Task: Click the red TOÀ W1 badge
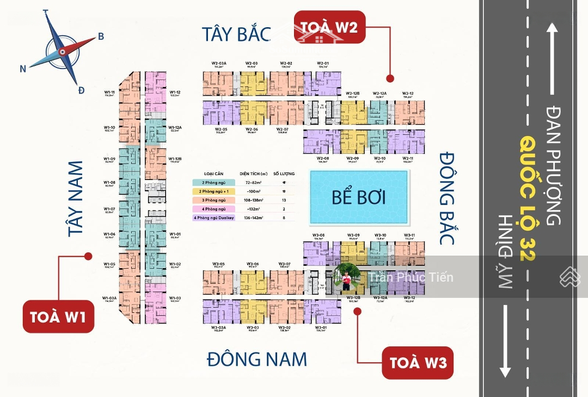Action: tap(58, 316)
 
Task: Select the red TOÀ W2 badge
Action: tap(330, 26)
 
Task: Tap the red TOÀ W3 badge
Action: tap(418, 362)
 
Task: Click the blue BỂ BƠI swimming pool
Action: tap(359, 197)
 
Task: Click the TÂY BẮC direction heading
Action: tap(236, 34)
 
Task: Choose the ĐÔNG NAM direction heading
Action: tap(257, 359)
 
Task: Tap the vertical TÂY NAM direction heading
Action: tap(76, 199)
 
